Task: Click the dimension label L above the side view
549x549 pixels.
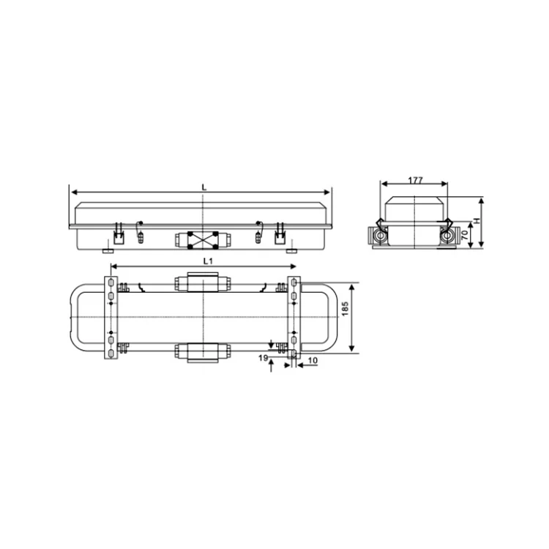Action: pyautogui.click(x=204, y=187)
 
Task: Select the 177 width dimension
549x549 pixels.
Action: pyautogui.click(x=416, y=179)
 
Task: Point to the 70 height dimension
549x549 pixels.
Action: pyautogui.click(x=464, y=235)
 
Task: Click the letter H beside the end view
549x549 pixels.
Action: pyautogui.click(x=475, y=220)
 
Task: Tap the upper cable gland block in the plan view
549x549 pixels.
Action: pyautogui.click(x=201, y=283)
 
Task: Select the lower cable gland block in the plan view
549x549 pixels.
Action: pyautogui.click(x=201, y=351)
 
